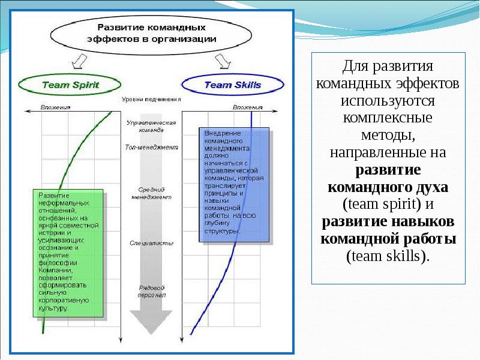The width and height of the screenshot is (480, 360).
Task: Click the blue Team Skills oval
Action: pos(233,85)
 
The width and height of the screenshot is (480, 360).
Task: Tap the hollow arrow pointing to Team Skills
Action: pos(222,61)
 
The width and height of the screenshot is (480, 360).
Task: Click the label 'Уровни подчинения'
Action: pos(151,99)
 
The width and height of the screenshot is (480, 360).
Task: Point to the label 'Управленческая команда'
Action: pos(151,126)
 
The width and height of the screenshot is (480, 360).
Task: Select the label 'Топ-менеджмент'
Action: pos(151,146)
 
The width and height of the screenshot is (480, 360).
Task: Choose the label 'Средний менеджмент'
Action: pos(151,192)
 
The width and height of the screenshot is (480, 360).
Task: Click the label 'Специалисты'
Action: pos(151,243)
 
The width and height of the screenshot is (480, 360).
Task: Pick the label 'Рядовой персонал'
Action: pos(151,291)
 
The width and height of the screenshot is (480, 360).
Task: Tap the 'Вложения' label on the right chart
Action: pos(247,107)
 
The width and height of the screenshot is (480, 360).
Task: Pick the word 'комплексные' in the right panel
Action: pos(389,116)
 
